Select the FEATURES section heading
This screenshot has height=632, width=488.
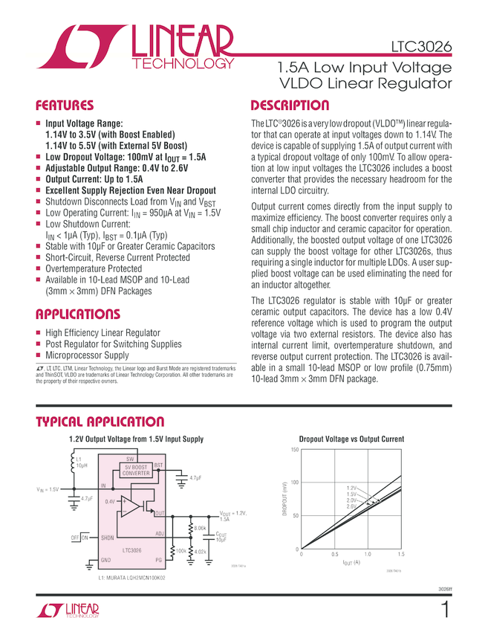[x=65, y=106]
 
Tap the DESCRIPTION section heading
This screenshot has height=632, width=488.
[x=290, y=106]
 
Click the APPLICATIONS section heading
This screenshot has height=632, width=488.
[x=79, y=314]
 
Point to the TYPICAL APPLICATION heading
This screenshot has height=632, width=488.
[x=100, y=422]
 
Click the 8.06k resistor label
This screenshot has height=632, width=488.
[x=199, y=527]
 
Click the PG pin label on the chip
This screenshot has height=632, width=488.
[x=158, y=560]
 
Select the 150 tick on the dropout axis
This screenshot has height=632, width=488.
[x=294, y=450]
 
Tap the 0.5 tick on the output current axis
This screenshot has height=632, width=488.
[x=334, y=555]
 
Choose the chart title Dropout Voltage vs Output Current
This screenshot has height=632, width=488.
[x=351, y=439]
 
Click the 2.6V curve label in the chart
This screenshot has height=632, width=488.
[x=351, y=506]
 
